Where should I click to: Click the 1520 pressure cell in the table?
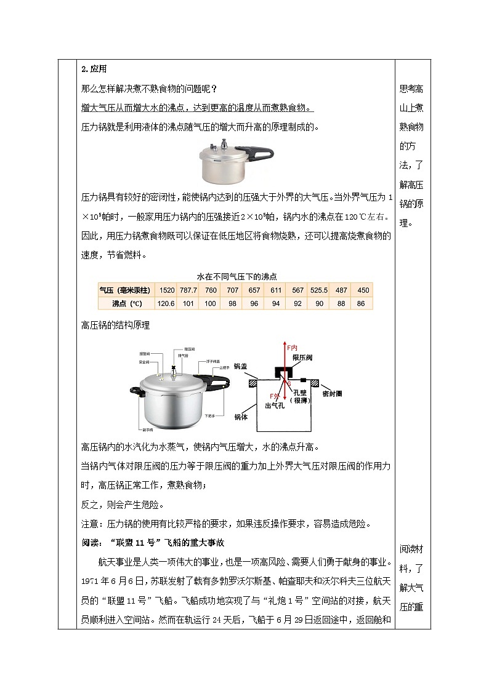point(167,290)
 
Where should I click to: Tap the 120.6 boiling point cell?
point(167,303)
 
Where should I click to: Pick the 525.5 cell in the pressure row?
point(318,290)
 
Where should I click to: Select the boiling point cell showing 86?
point(361,303)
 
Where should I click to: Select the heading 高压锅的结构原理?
point(116,325)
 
